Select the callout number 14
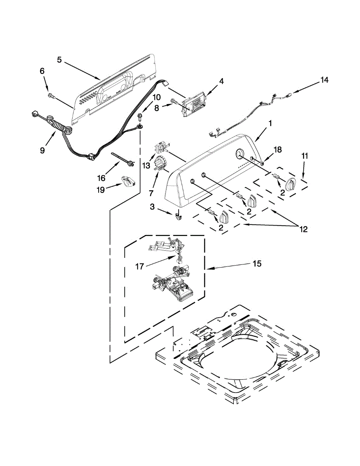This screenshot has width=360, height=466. point(324,80)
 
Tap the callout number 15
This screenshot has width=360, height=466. point(257,264)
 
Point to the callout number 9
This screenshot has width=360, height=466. point(43,150)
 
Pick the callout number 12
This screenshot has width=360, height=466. point(303,229)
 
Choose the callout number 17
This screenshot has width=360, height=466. point(140,266)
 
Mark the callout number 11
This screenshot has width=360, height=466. point(305,156)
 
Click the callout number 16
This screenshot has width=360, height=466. point(101,178)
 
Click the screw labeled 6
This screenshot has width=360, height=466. point(50,95)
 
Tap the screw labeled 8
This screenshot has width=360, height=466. point(174,103)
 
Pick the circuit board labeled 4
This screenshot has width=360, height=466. point(197,103)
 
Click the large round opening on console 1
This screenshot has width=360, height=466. point(239,154)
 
